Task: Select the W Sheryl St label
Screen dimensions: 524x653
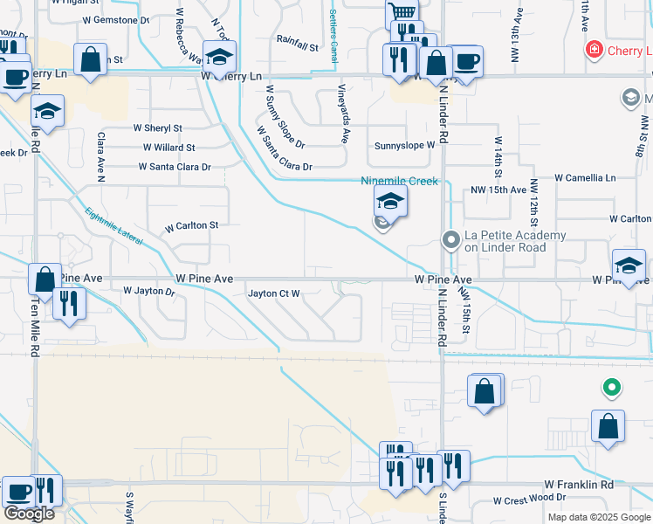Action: click(157, 128)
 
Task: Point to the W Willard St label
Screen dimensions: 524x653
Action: click(164, 148)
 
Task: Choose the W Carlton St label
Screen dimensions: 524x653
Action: click(191, 225)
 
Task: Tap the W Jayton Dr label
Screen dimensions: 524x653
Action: click(149, 290)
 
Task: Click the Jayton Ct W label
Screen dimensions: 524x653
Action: click(274, 293)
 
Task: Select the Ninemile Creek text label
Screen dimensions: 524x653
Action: click(399, 182)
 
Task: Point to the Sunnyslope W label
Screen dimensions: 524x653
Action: click(404, 145)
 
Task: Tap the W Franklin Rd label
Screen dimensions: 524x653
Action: click(580, 484)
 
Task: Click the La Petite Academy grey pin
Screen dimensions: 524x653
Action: click(451, 239)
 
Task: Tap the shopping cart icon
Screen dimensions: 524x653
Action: click(401, 13)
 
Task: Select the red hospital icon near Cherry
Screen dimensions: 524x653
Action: click(595, 50)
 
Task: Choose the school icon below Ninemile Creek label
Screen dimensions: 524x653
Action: click(391, 203)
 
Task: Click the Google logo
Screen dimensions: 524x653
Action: click(29, 514)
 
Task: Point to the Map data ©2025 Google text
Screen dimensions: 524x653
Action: click(599, 517)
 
